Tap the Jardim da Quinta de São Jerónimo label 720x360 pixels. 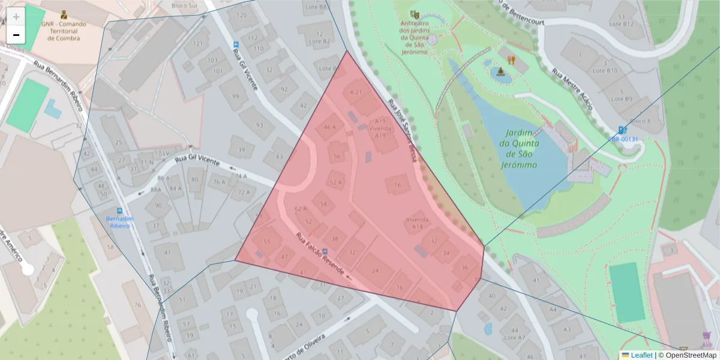tap(521, 149)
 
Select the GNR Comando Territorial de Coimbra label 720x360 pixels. tap(64, 28)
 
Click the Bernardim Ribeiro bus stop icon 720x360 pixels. tap(119, 211)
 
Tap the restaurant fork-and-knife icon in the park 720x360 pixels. tap(511, 60)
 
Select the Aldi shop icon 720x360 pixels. tap(706, 336)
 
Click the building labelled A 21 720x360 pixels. tap(356, 92)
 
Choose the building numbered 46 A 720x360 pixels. tap(330, 127)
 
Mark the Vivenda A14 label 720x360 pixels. tap(418, 223)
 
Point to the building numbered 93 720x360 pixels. tap(259, 125)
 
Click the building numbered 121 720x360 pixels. tap(197, 44)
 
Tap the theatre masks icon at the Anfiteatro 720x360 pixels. tap(413, 14)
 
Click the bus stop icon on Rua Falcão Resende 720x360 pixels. tap(325, 251)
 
